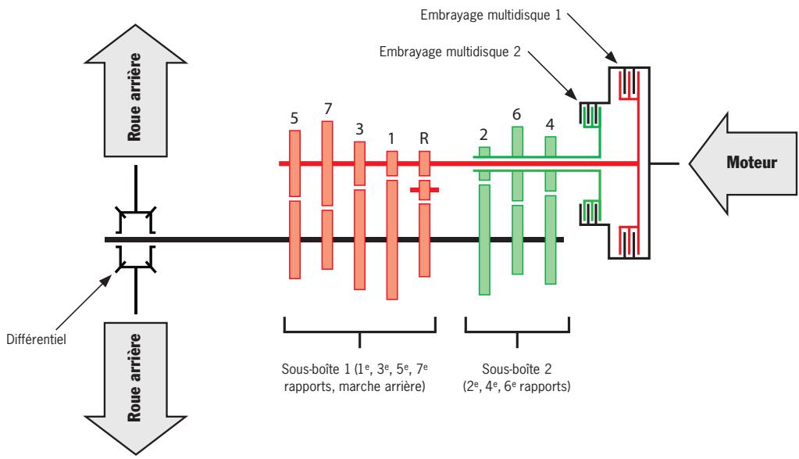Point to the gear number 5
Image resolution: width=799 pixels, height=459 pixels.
(x=294, y=117)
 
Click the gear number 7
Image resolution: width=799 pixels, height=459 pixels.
(x=327, y=106)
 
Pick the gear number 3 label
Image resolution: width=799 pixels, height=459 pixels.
(x=359, y=128)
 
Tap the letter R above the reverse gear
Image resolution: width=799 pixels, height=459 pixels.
(x=424, y=138)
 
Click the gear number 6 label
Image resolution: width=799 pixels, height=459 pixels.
(x=517, y=113)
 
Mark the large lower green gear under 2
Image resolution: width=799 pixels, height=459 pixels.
(x=484, y=239)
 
